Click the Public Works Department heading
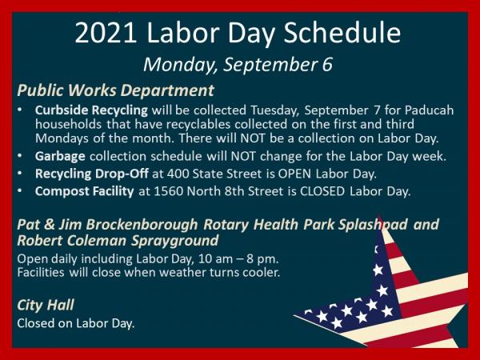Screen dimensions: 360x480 pyautogui.click(x=115, y=90)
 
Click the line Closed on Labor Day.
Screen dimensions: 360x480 pyautogui.click(x=76, y=324)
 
